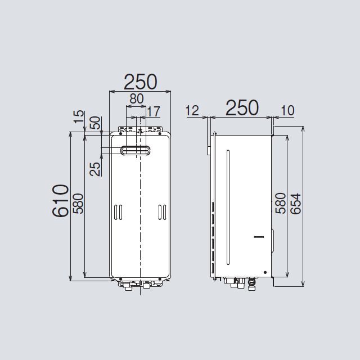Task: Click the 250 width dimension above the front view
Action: click(140, 82)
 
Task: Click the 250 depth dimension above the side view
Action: click(242, 108)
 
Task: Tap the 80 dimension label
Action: click(137, 99)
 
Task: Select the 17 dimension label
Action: click(154, 111)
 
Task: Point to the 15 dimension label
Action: click(79, 116)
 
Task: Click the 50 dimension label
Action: click(95, 123)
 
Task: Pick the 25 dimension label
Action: click(95, 169)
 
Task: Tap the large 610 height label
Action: click(60, 201)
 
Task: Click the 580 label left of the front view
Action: click(78, 204)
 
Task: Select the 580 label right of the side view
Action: click(281, 204)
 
